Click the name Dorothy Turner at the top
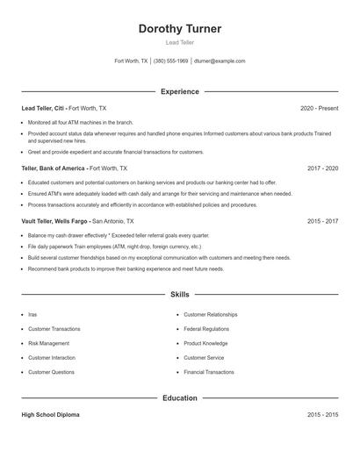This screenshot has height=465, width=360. pyautogui.click(x=179, y=29)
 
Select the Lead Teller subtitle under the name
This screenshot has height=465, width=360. pyautogui.click(x=179, y=42)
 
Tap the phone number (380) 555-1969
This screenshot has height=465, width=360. pyautogui.click(x=170, y=61)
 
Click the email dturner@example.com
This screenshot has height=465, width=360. pyautogui.click(x=220, y=61)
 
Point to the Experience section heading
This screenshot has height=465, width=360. pyautogui.click(x=179, y=91)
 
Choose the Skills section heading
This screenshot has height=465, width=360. pyautogui.click(x=179, y=295)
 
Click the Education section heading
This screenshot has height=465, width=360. pyautogui.click(x=179, y=398)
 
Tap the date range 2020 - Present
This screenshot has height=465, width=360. pyautogui.click(x=319, y=108)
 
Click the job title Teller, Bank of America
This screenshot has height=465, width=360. pyautogui.click(x=54, y=168)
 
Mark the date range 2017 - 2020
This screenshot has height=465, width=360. pyautogui.click(x=322, y=168)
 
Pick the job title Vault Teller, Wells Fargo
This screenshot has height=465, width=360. pyautogui.click(x=55, y=222)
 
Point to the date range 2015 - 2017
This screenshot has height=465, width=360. pyautogui.click(x=322, y=222)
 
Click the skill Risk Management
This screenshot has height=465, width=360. pyautogui.click(x=48, y=343)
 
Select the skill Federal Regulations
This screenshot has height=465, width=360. pyautogui.click(x=206, y=329)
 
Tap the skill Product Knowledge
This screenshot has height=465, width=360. pyautogui.click(x=205, y=343)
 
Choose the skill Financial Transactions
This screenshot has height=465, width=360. pyautogui.click(x=209, y=372)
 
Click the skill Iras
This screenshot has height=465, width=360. pyautogui.click(x=32, y=314)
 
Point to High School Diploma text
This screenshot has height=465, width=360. pyautogui.click(x=50, y=415)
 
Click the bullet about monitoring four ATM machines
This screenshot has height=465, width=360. pyautogui.click(x=80, y=123)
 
